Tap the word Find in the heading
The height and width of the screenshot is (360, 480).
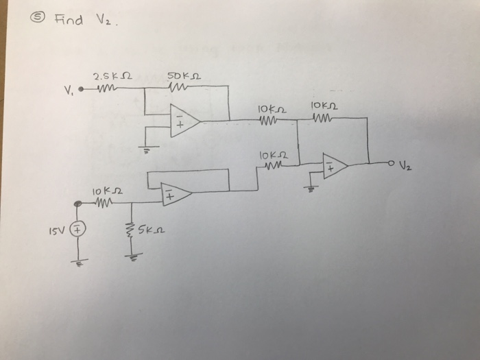click(x=68, y=20)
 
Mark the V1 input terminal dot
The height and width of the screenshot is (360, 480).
click(x=81, y=88)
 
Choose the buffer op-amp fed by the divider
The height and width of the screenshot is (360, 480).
click(x=174, y=195)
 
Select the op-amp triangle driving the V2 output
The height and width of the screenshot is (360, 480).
click(x=335, y=165)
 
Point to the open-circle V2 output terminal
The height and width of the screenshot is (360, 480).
click(x=390, y=163)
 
